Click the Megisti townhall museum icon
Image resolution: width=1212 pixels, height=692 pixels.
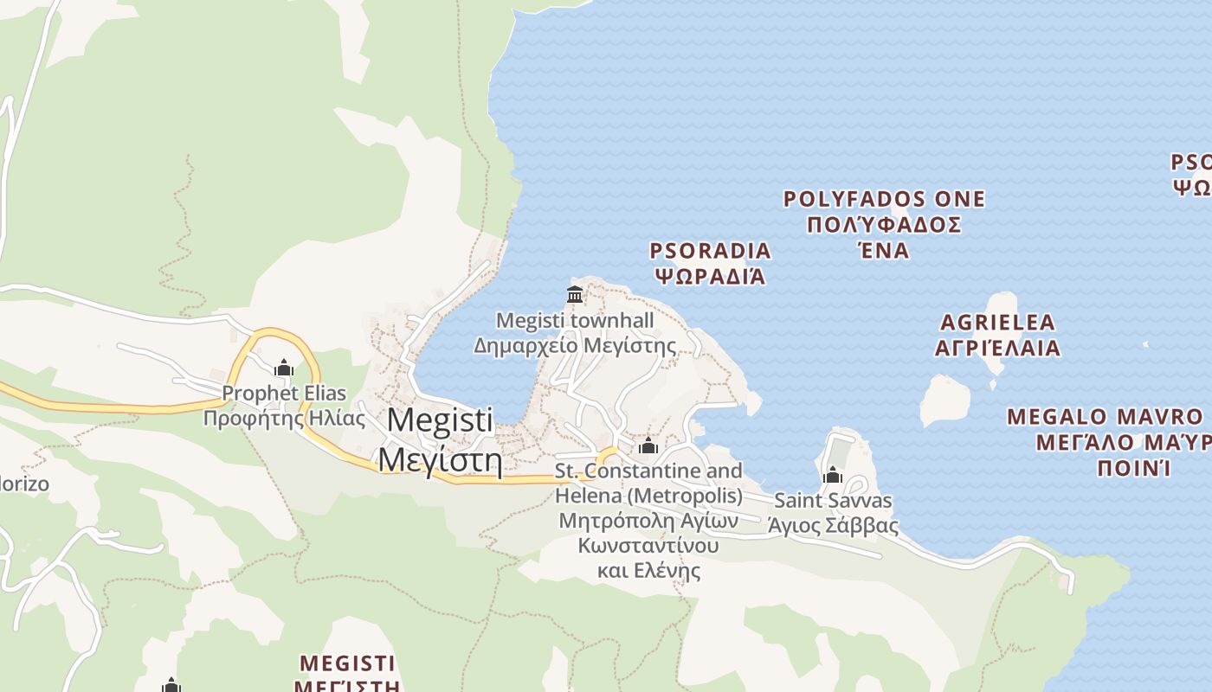(x=575, y=294)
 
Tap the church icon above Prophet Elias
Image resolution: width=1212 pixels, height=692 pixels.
(x=284, y=368)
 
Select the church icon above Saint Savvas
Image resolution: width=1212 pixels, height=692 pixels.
(x=833, y=475)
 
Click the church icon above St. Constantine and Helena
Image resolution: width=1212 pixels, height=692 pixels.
(x=648, y=446)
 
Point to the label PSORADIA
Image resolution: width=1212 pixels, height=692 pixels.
(x=711, y=251)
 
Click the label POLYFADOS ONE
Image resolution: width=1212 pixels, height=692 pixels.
(x=884, y=199)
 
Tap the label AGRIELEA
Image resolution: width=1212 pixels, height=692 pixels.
(x=998, y=323)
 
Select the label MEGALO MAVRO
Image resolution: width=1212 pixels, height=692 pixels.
(x=1105, y=417)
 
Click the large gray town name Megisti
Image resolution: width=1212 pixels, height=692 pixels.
(x=440, y=420)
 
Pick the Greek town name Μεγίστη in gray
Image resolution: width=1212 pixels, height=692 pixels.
(x=440, y=458)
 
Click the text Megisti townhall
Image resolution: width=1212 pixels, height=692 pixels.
(x=575, y=321)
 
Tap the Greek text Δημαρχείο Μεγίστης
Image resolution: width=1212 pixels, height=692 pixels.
(x=575, y=346)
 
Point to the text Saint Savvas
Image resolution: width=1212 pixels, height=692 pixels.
(x=833, y=500)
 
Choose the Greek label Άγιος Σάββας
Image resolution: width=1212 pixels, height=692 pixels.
(x=833, y=525)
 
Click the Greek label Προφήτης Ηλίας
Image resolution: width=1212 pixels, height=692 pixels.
(x=284, y=419)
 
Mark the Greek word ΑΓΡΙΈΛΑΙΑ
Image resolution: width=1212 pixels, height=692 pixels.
(x=998, y=348)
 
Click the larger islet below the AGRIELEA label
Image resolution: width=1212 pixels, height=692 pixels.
(x=944, y=400)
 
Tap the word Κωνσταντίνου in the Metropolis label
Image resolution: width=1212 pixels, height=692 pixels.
(x=648, y=546)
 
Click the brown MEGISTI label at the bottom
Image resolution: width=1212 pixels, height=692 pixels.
(x=347, y=663)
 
